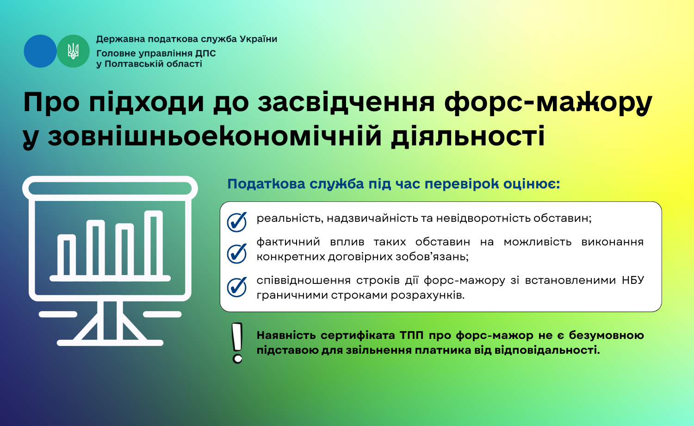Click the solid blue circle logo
click(40, 51)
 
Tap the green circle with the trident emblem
click(73, 51)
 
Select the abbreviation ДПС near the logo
click(205, 53)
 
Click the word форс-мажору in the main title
click(548, 103)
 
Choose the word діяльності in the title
click(467, 137)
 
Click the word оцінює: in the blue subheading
click(532, 184)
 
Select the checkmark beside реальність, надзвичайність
click(237, 222)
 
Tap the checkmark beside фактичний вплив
click(237, 253)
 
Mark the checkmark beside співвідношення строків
click(237, 287)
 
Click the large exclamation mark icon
click(237, 343)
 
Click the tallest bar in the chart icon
click(154, 243)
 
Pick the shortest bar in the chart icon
click(67, 255)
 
